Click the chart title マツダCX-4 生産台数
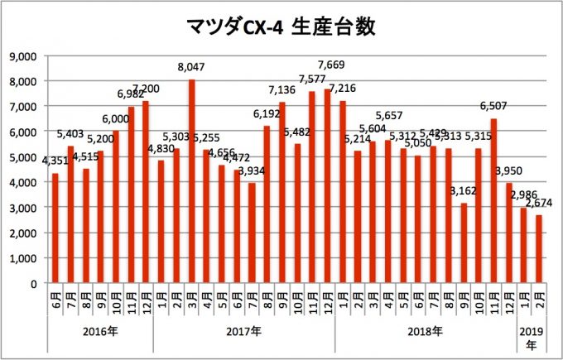pyautogui.click(x=281, y=27)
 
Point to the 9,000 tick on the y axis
pyautogui.click(x=26, y=55)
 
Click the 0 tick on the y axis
pyautogui.click(x=36, y=283)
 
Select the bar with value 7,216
pyautogui.click(x=343, y=192)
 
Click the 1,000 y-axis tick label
pyautogui.click(x=26, y=257)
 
